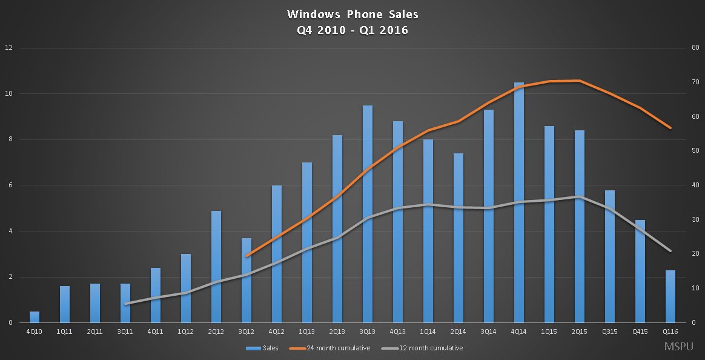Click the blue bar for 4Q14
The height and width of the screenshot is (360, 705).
tap(519, 202)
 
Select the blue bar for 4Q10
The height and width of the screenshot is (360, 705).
tap(35, 317)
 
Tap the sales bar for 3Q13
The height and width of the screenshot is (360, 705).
tap(368, 214)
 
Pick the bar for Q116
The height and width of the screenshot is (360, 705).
tap(670, 296)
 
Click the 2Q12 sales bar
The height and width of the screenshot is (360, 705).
tap(216, 267)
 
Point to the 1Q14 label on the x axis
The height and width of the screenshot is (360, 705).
tap(428, 332)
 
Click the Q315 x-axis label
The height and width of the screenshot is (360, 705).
tap(610, 332)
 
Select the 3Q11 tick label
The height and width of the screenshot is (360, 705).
tap(125, 332)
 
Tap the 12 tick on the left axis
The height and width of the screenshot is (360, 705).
tap(9, 47)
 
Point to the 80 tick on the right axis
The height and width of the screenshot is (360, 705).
tap(695, 47)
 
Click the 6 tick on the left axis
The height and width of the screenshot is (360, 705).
tap(10, 185)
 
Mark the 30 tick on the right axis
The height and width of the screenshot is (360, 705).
tap(695, 219)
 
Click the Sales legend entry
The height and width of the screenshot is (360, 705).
tap(262, 348)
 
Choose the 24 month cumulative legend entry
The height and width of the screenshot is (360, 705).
tap(329, 348)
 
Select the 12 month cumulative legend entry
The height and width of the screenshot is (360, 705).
tap(422, 348)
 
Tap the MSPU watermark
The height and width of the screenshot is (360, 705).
tap(679, 347)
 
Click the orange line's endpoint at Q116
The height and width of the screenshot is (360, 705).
tap(670, 128)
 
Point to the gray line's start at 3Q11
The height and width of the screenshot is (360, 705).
tap(125, 304)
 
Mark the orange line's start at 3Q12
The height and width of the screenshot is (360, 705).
tap(247, 256)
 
